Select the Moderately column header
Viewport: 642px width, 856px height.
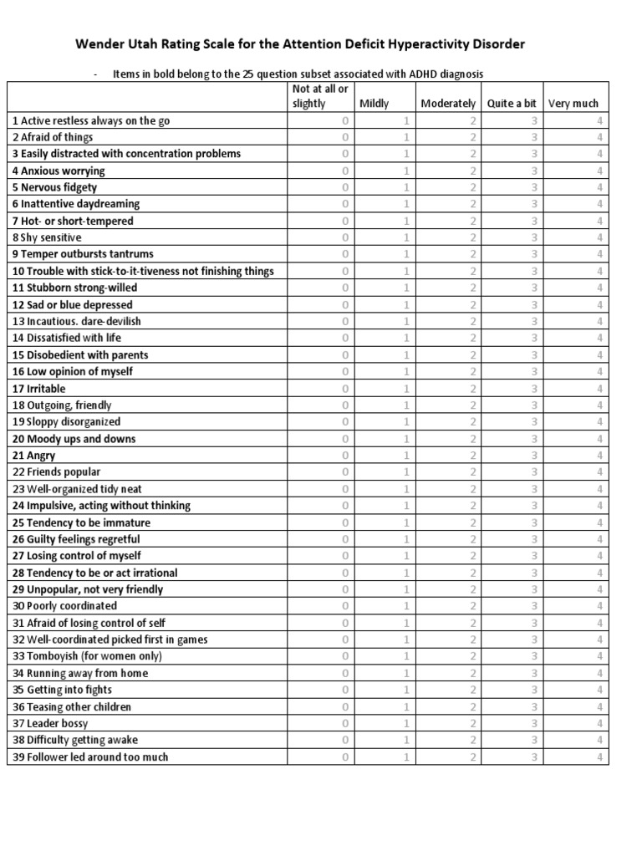point(448,104)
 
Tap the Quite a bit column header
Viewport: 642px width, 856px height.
point(512,104)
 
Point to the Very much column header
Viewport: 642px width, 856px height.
point(573,104)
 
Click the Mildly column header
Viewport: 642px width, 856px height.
point(374,104)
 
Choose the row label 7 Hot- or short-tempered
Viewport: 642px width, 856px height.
point(72,221)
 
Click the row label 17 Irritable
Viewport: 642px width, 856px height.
point(38,389)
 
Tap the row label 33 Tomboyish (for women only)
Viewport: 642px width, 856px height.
point(86,656)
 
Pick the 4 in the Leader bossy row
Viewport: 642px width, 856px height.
point(599,723)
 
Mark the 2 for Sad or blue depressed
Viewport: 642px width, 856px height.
point(472,305)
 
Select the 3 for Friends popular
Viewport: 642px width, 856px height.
point(535,472)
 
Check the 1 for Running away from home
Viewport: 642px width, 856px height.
point(407,673)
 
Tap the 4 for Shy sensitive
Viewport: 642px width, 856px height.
point(599,237)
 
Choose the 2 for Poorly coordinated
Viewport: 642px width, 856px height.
point(472,606)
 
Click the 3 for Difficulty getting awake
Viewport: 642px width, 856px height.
point(535,740)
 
